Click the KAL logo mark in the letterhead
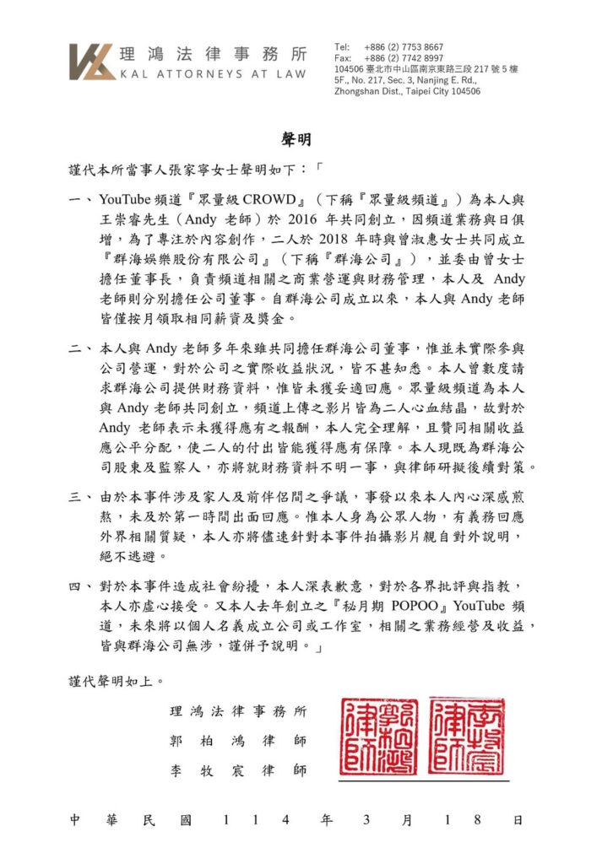(x=91, y=61)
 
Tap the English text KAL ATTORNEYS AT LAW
(x=214, y=74)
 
